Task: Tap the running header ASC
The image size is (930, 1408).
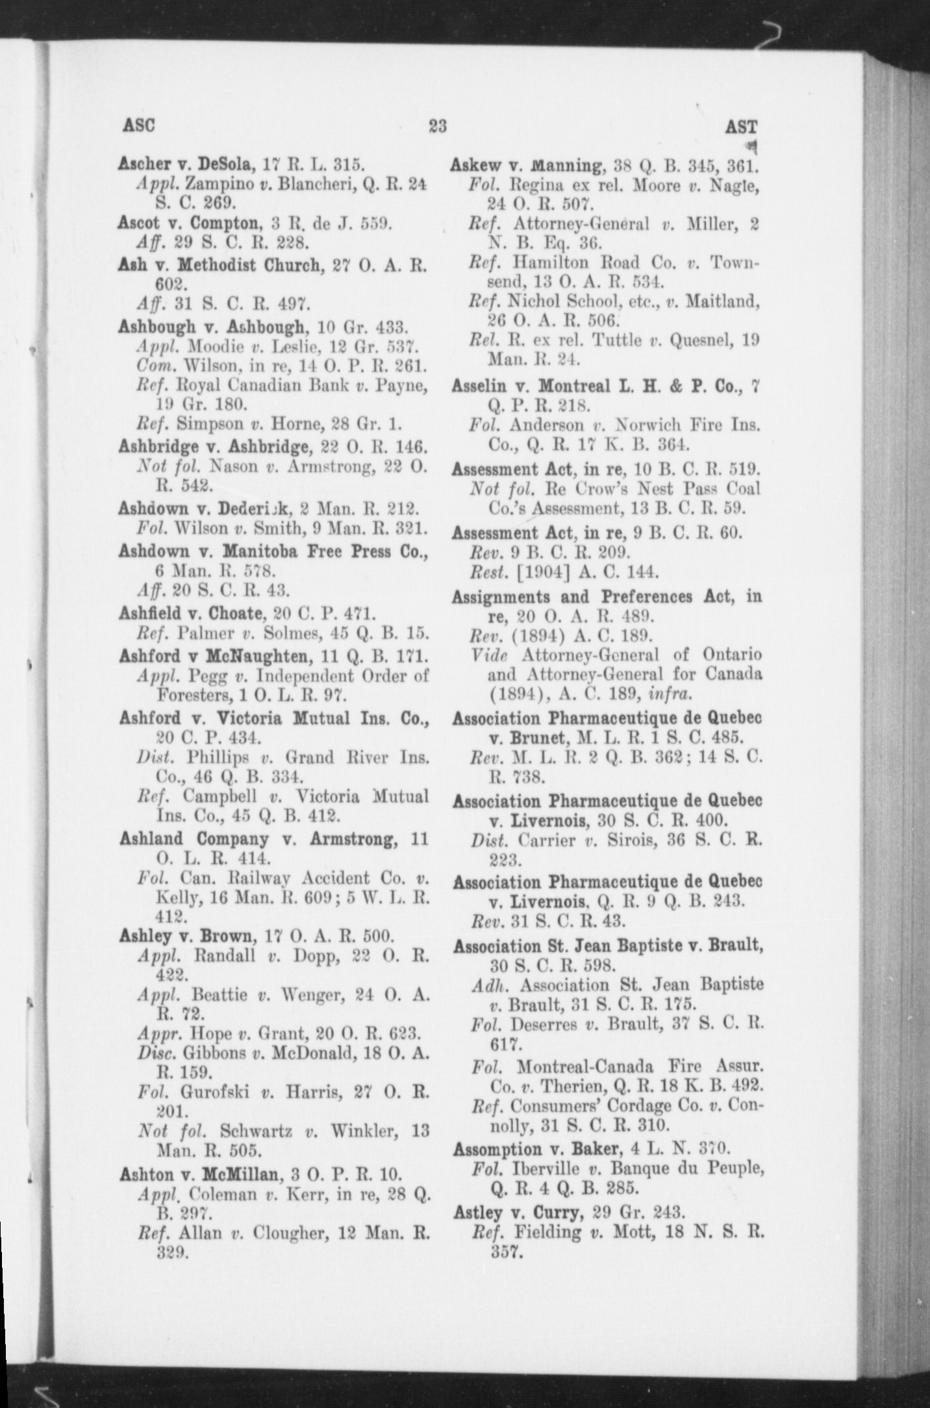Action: [138, 125]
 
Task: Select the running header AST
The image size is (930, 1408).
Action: [741, 126]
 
